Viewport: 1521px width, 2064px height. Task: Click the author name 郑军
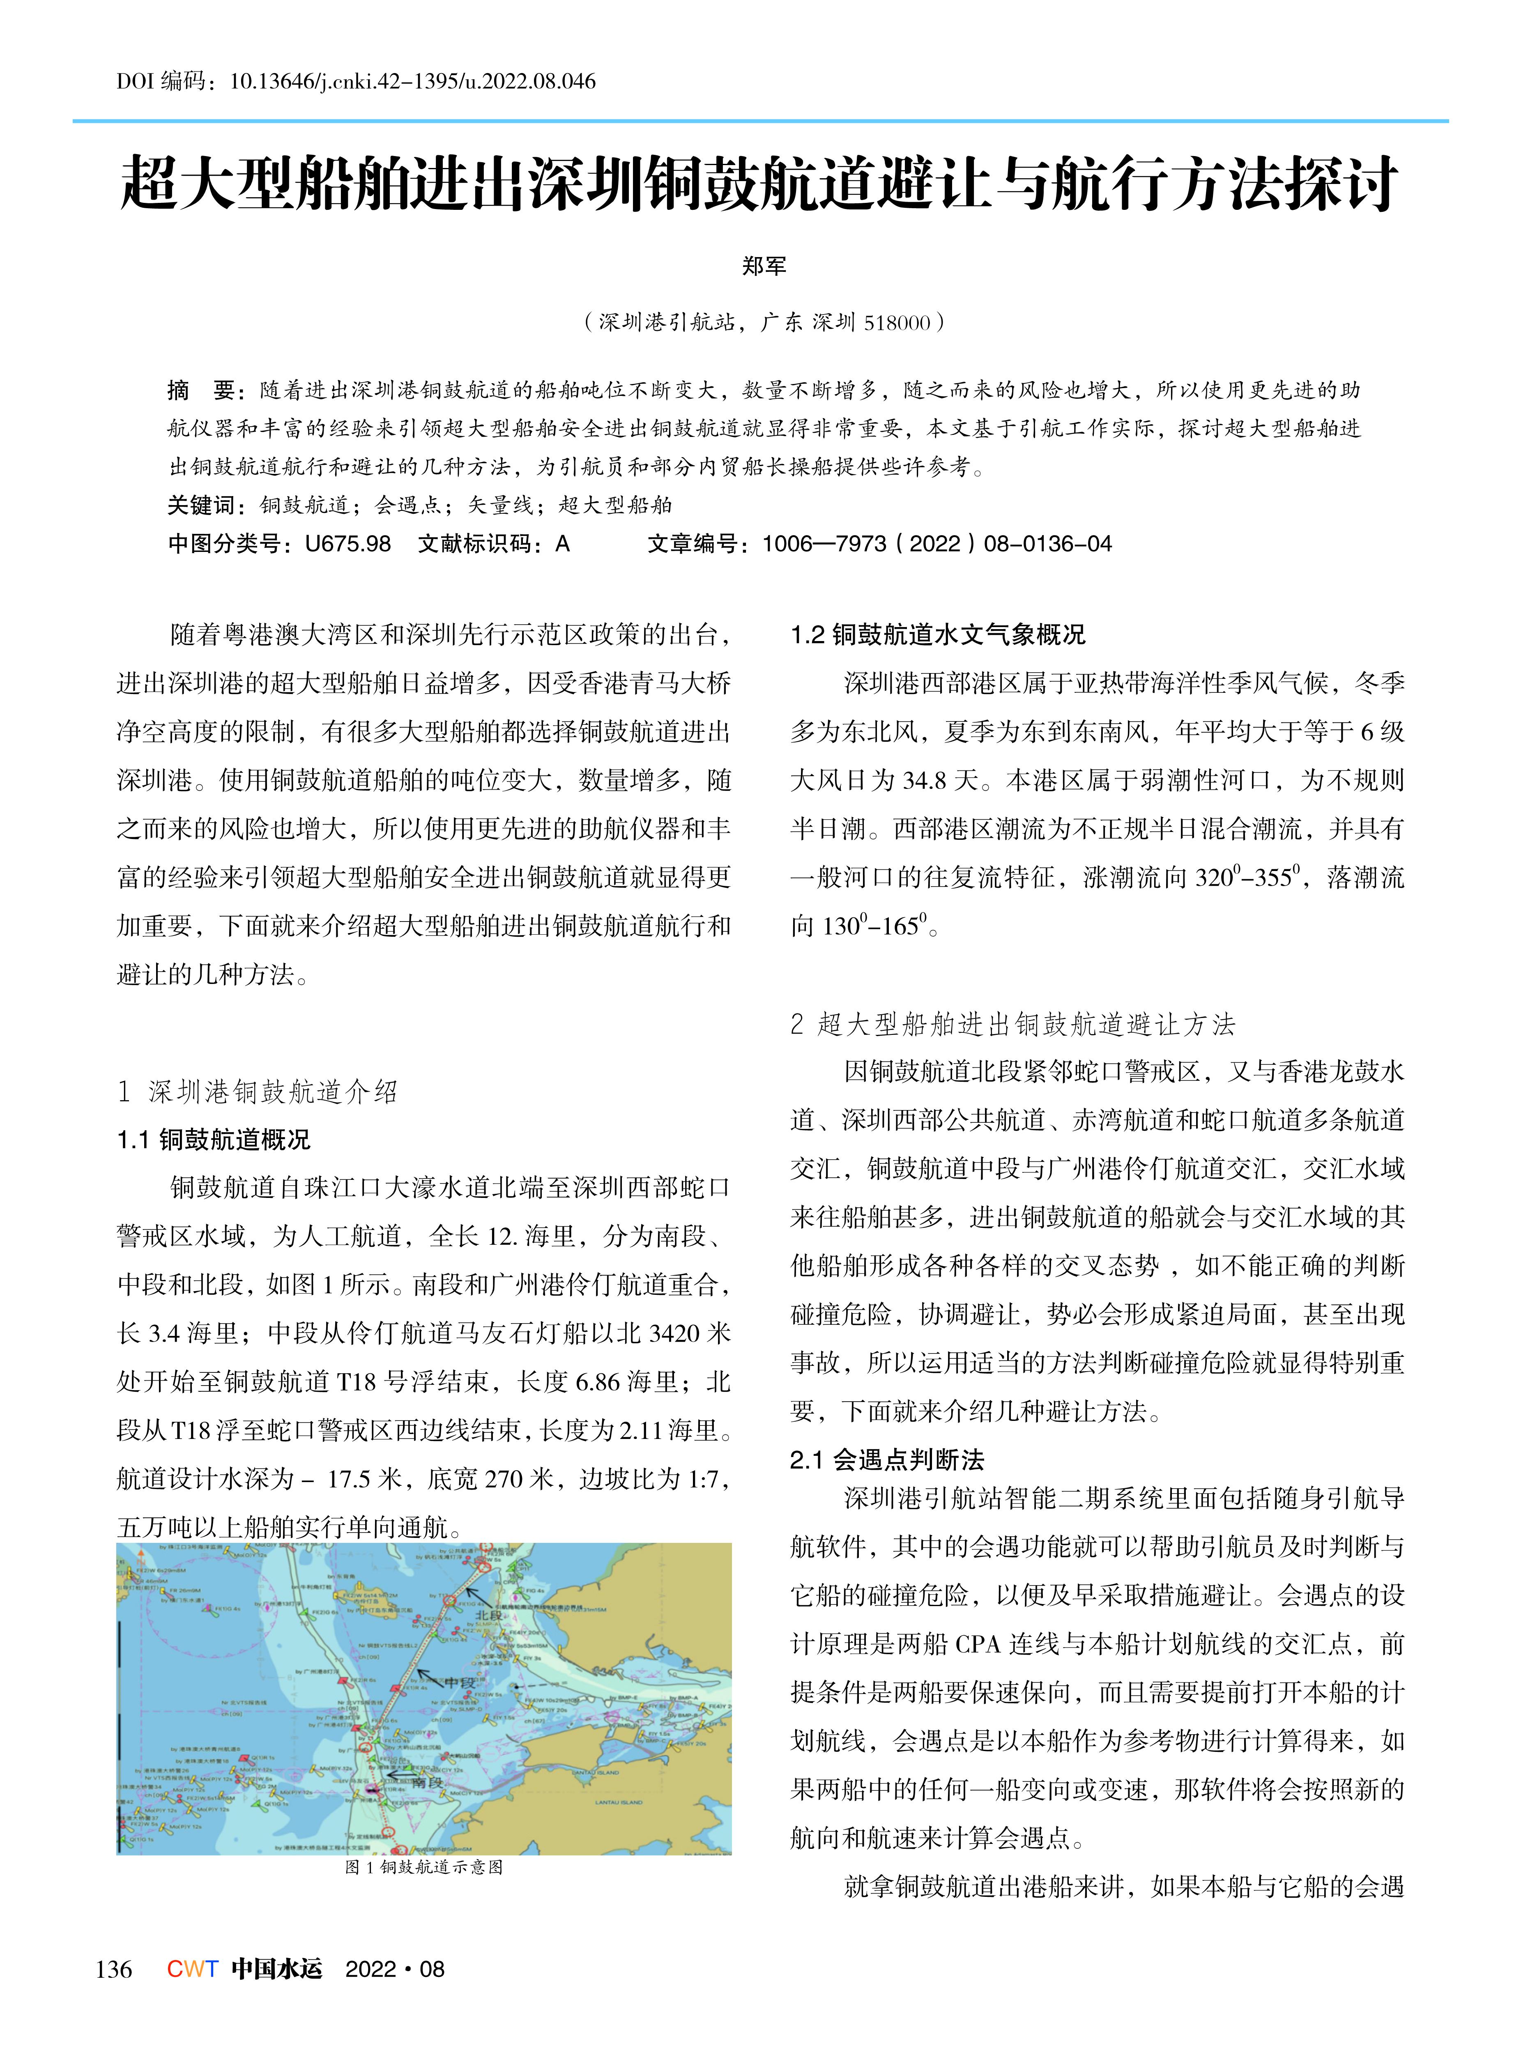point(763,266)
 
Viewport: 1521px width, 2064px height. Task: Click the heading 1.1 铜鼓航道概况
point(214,1140)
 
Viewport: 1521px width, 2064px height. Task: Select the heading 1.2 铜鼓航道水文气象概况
point(937,634)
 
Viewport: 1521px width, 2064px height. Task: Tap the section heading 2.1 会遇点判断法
point(887,1459)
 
